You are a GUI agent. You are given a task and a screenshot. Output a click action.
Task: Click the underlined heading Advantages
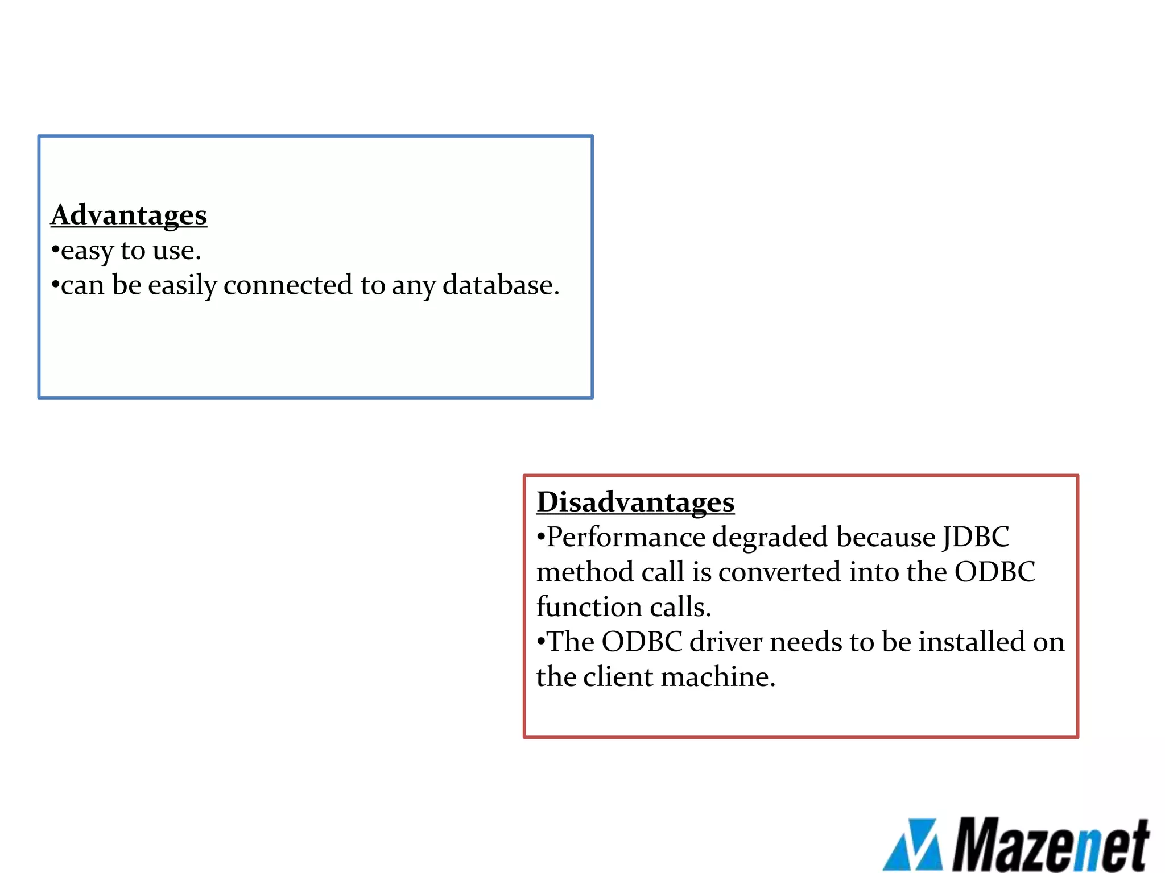coord(129,215)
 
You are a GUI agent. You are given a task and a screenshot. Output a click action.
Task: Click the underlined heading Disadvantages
coord(635,502)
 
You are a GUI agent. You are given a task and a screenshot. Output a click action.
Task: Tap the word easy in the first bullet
coord(86,251)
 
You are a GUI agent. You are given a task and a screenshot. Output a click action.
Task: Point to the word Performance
coord(625,538)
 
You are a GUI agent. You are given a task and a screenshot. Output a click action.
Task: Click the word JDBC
coord(976,538)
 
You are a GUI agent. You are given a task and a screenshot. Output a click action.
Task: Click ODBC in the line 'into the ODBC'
coord(994,572)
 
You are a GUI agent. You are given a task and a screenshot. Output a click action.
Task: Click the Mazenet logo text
coord(1050,845)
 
